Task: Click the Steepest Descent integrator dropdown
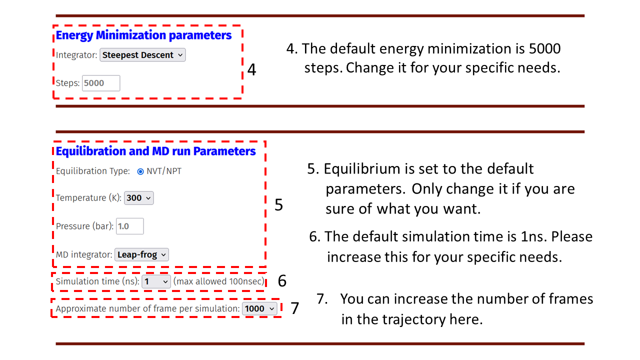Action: (142, 55)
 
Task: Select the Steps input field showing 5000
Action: (101, 83)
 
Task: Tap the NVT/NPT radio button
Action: (140, 171)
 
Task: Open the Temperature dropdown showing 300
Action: (139, 198)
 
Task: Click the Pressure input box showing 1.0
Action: (129, 226)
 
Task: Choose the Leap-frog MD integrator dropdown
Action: (141, 254)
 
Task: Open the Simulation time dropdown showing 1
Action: (156, 281)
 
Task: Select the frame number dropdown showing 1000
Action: (259, 309)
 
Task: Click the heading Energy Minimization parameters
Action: (143, 35)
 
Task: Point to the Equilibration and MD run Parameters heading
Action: (155, 151)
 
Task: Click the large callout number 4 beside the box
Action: (251, 69)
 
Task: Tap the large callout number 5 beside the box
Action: (279, 204)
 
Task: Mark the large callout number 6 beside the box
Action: (282, 280)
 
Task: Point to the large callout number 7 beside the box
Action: (295, 308)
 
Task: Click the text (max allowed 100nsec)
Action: (219, 281)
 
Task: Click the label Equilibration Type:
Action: (93, 171)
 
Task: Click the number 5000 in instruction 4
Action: (545, 48)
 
